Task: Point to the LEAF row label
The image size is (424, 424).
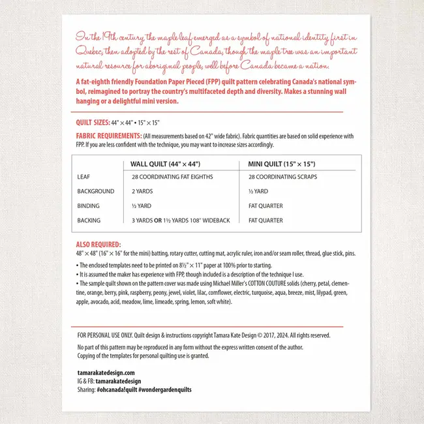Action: click(x=83, y=177)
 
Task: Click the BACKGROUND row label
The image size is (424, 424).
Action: click(x=95, y=191)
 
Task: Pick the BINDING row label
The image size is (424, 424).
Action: click(x=88, y=205)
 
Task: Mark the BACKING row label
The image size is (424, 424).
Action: click(x=89, y=220)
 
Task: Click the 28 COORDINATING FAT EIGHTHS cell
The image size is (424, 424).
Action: click(x=172, y=177)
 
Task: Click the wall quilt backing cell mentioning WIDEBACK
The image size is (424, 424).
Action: click(x=181, y=220)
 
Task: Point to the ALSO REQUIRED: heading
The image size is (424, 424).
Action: click(x=97, y=243)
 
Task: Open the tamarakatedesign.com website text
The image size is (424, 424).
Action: click(x=106, y=372)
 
